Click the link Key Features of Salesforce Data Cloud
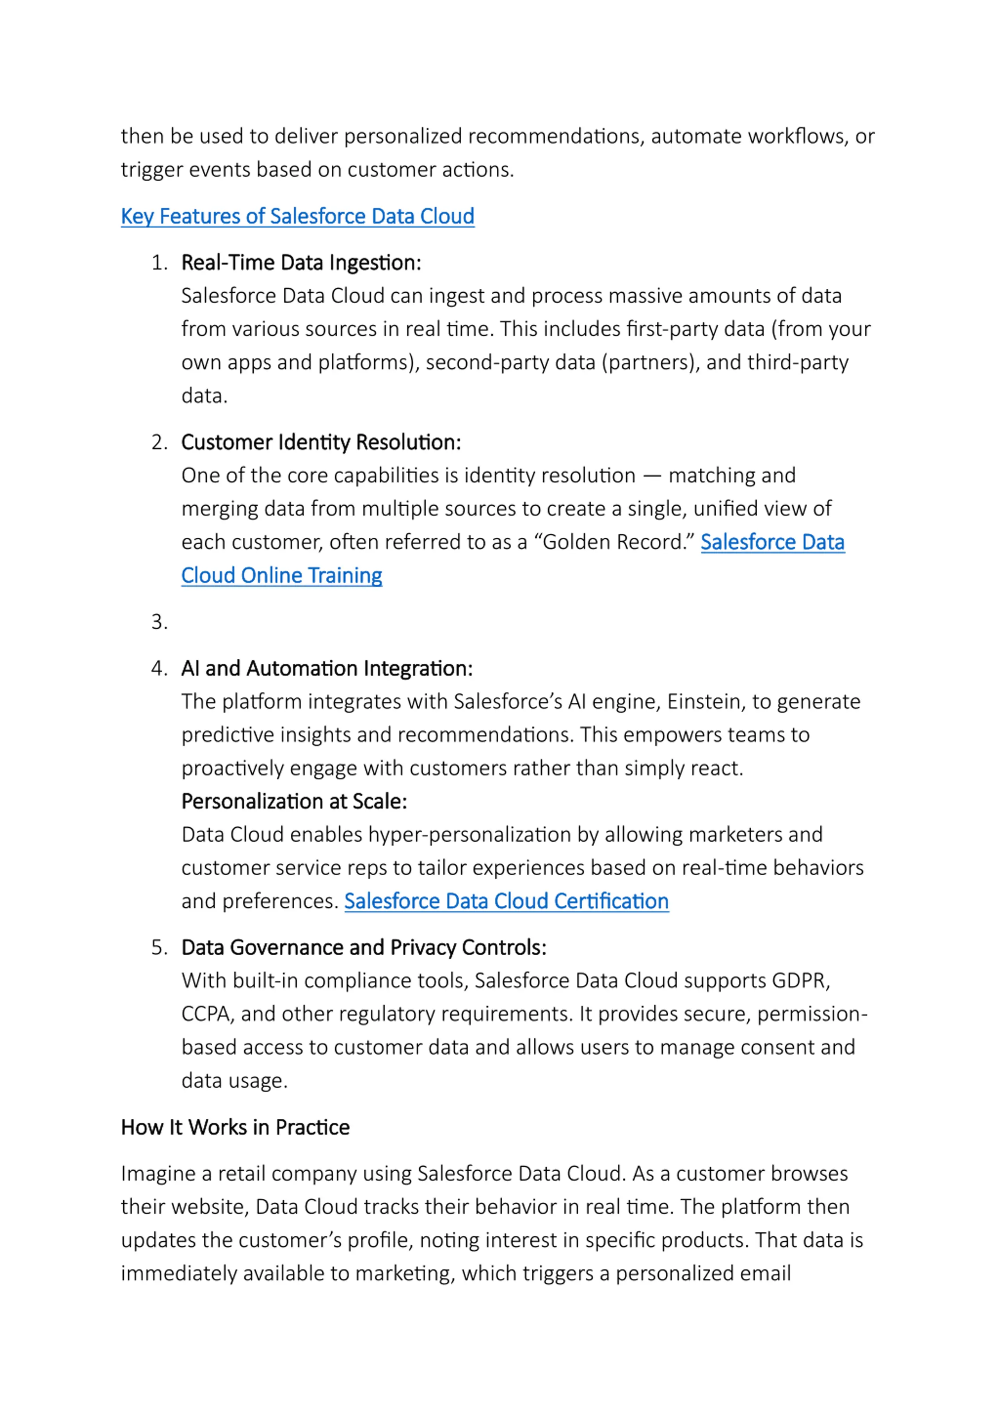pyautogui.click(x=297, y=217)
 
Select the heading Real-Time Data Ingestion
pyautogui.click(x=301, y=263)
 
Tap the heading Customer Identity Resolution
pyautogui.click(x=321, y=443)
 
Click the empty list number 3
pyautogui.click(x=159, y=622)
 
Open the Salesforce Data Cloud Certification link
pyautogui.click(x=506, y=901)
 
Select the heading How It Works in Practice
pyautogui.click(x=235, y=1127)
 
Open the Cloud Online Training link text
pyautogui.click(x=281, y=576)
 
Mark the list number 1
pyautogui.click(x=159, y=263)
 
